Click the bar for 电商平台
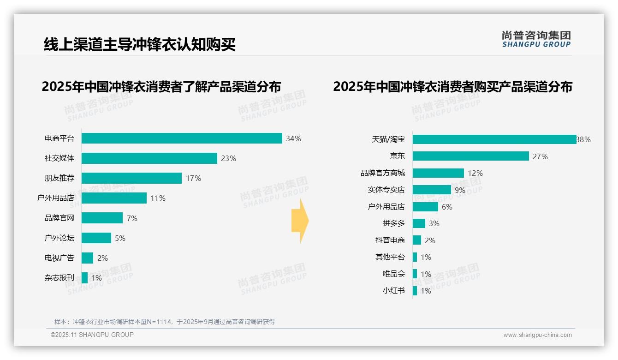pos(182,138)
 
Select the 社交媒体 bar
pos(149,158)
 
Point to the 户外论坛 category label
pos(59,238)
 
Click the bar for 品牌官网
pos(102,218)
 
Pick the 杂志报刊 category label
pos(59,278)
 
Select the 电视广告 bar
pos(87,258)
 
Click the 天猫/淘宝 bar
pos(494,139)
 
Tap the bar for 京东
pos(470,156)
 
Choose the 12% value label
pos(475,173)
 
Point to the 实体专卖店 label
pos(386,190)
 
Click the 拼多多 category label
pos(394,223)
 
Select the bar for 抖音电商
pos(417,240)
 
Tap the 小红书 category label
pos(394,291)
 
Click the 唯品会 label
pos(394,274)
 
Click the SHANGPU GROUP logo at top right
pos(536,39)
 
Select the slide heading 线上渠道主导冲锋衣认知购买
pos(140,44)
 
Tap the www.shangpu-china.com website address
pos(537,335)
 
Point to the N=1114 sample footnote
pos(165,322)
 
